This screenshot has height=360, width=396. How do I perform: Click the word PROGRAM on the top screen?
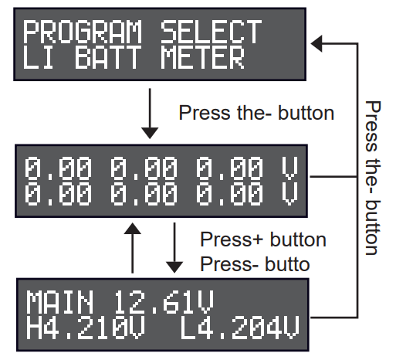pyautogui.click(x=83, y=32)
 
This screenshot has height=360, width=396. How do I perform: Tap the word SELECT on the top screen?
pyautogui.click(x=211, y=32)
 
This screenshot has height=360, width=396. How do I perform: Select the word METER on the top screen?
pyautogui.click(x=203, y=57)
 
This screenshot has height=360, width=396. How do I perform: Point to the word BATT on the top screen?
pyautogui.click(x=108, y=57)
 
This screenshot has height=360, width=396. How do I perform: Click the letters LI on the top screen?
pyautogui.click(x=38, y=57)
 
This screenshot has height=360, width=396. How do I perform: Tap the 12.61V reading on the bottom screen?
pyautogui.click(x=164, y=301)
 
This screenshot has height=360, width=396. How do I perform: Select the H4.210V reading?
pyautogui.click(x=86, y=328)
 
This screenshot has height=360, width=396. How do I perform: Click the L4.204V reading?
pyautogui.click(x=240, y=328)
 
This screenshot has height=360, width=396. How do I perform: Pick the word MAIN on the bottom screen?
pyautogui.click(x=59, y=301)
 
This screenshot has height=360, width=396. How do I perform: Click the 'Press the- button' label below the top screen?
pyautogui.click(x=256, y=113)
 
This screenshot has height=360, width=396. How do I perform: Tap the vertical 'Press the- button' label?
pyautogui.click(x=373, y=178)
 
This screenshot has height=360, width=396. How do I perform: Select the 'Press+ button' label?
pyautogui.click(x=263, y=239)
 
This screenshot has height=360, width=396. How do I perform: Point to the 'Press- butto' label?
pyautogui.click(x=255, y=264)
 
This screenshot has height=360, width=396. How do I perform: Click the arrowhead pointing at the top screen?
pyautogui.click(x=316, y=43)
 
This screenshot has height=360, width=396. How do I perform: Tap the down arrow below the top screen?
pyautogui.click(x=150, y=114)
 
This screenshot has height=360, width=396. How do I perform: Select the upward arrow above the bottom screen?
pyautogui.click(x=132, y=248)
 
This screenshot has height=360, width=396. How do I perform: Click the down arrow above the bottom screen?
pyautogui.click(x=174, y=248)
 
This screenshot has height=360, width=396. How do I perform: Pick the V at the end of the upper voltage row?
pyautogui.click(x=289, y=168)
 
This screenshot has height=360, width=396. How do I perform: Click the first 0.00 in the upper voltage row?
pyautogui.click(x=58, y=168)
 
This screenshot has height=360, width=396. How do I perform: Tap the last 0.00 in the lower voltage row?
pyautogui.click(x=229, y=194)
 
